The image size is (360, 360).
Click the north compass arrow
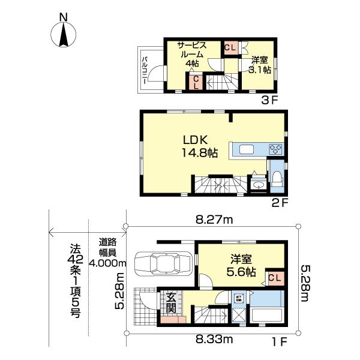(64, 32)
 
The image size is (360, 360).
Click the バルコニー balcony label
(145, 70)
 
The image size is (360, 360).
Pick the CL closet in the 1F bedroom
(275, 277)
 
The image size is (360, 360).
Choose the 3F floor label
(268, 100)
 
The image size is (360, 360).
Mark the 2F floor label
(280, 203)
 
